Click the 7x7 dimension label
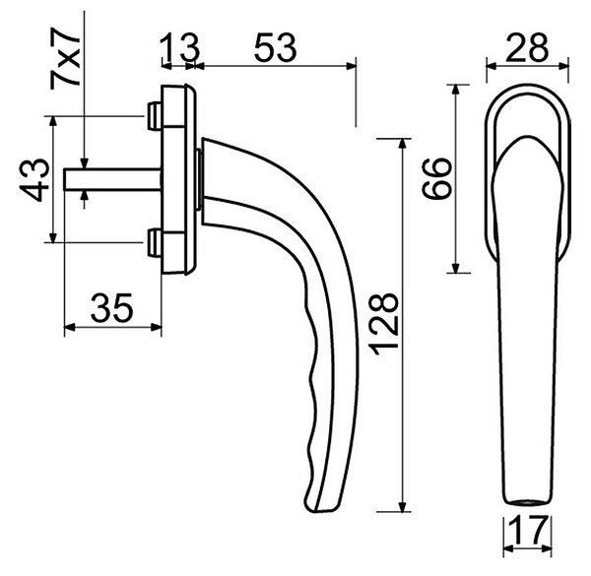(x=66, y=58)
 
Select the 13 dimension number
(x=178, y=47)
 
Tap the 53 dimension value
(x=276, y=47)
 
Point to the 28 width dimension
(x=527, y=47)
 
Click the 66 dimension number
(x=436, y=178)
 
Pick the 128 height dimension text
(x=385, y=324)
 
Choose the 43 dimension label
(x=34, y=180)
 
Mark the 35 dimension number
(x=112, y=308)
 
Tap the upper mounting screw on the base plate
(x=155, y=115)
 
